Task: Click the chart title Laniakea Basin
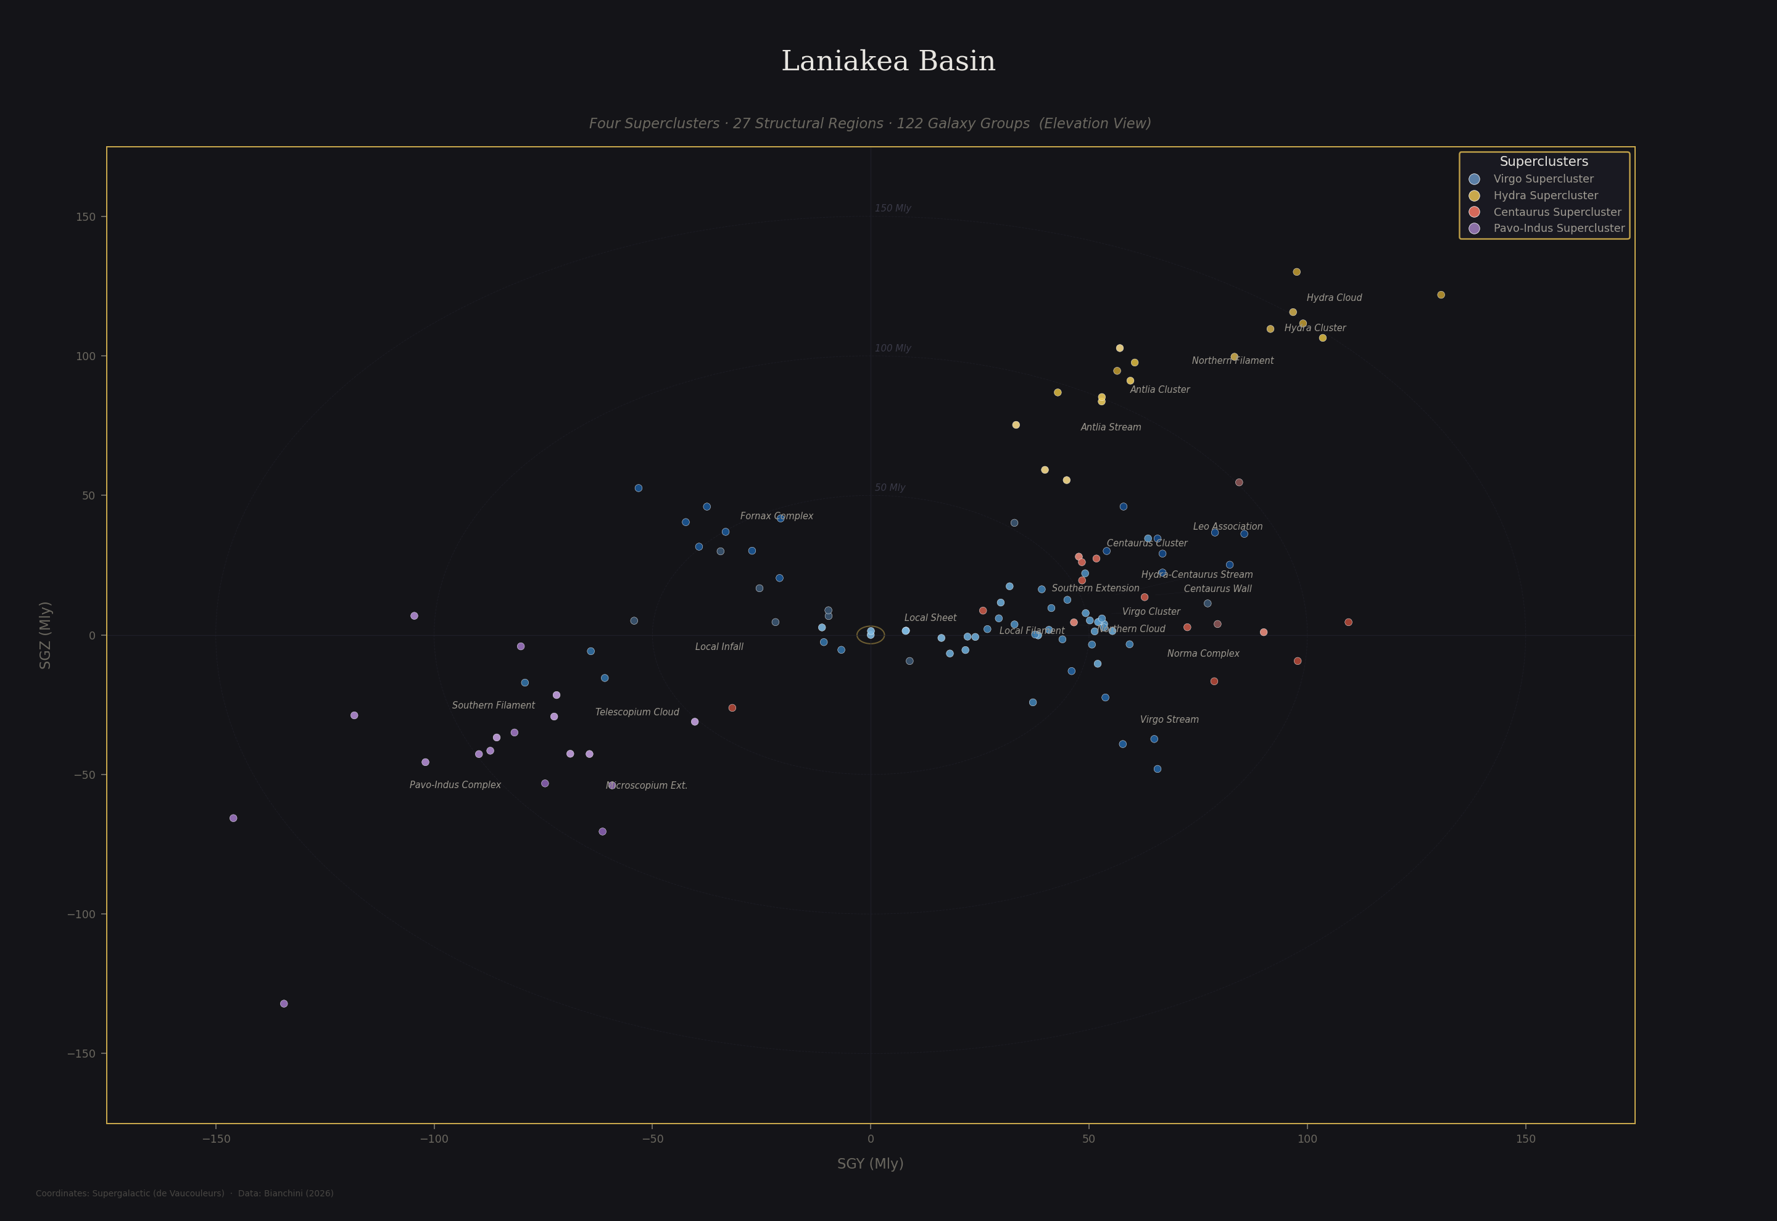888,61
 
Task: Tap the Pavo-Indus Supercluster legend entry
1558,228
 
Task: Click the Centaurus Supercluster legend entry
1557,212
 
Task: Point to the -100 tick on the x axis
434,1139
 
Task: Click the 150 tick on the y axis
86,217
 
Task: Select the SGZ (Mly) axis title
45,635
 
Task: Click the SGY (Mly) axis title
870,1164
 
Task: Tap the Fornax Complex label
776,516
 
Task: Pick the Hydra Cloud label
1334,298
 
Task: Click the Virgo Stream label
1169,720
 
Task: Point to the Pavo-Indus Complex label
455,785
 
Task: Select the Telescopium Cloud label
637,712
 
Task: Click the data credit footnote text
184,1193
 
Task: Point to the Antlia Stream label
1111,427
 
